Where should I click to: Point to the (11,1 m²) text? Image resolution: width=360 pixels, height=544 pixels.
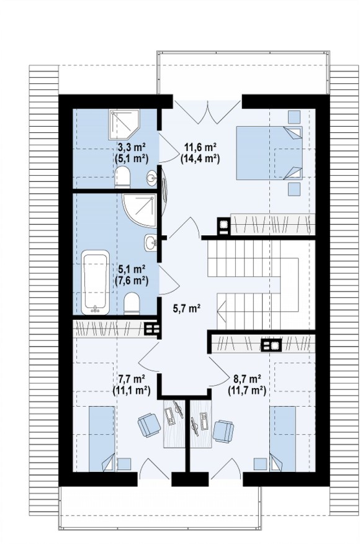pyautogui.click(x=131, y=391)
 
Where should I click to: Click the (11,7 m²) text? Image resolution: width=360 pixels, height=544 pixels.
pyautogui.click(x=247, y=391)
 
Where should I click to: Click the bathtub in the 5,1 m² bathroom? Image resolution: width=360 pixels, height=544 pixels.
pyautogui.click(x=95, y=282)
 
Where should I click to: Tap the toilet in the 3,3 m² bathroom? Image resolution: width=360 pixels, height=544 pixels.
pyautogui.click(x=122, y=177)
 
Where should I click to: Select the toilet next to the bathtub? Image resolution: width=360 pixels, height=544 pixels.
pyautogui.click(x=132, y=304)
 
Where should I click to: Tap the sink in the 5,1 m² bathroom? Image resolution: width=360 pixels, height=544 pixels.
pyautogui.click(x=151, y=242)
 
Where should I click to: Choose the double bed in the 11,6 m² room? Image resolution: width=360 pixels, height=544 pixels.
pyautogui.click(x=269, y=153)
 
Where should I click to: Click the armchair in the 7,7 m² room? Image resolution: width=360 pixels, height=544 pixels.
pyautogui.click(x=149, y=425)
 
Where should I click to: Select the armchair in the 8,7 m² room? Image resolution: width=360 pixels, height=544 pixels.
pyautogui.click(x=223, y=431)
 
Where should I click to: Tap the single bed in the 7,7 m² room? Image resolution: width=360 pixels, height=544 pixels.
pyautogui.click(x=102, y=439)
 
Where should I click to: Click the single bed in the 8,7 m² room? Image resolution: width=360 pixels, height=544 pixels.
pyautogui.click(x=282, y=439)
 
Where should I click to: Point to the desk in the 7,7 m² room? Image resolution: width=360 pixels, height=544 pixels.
pyautogui.click(x=174, y=424)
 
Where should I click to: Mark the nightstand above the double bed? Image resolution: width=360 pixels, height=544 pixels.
pyautogui.click(x=294, y=117)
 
